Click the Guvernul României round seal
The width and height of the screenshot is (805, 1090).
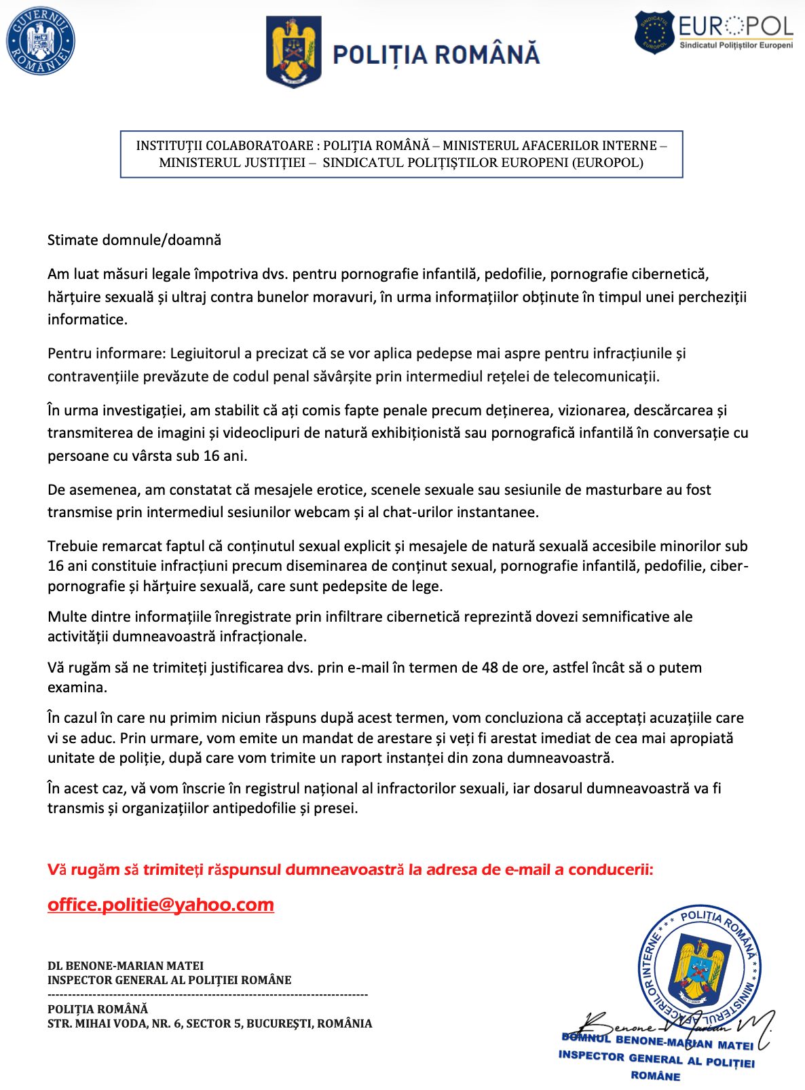[x=41, y=41]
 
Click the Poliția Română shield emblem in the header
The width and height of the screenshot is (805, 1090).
[x=293, y=53]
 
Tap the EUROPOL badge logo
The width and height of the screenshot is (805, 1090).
[x=654, y=33]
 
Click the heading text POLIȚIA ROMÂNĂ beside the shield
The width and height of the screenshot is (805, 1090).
[x=436, y=55]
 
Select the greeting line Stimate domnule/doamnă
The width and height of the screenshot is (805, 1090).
[x=134, y=240]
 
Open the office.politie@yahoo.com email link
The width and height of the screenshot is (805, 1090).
[x=161, y=905]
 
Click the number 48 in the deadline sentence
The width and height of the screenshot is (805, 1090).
[x=489, y=668]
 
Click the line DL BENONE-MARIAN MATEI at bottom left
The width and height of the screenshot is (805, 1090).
[x=126, y=966]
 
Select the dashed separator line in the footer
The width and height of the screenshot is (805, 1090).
[x=207, y=995]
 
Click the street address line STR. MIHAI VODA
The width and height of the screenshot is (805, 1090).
[x=210, y=1023]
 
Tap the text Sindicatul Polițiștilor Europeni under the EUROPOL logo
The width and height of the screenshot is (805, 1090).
[x=736, y=45]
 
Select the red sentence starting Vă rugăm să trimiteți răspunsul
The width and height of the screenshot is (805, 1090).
[x=350, y=870]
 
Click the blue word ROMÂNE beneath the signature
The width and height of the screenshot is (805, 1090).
[x=655, y=1076]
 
